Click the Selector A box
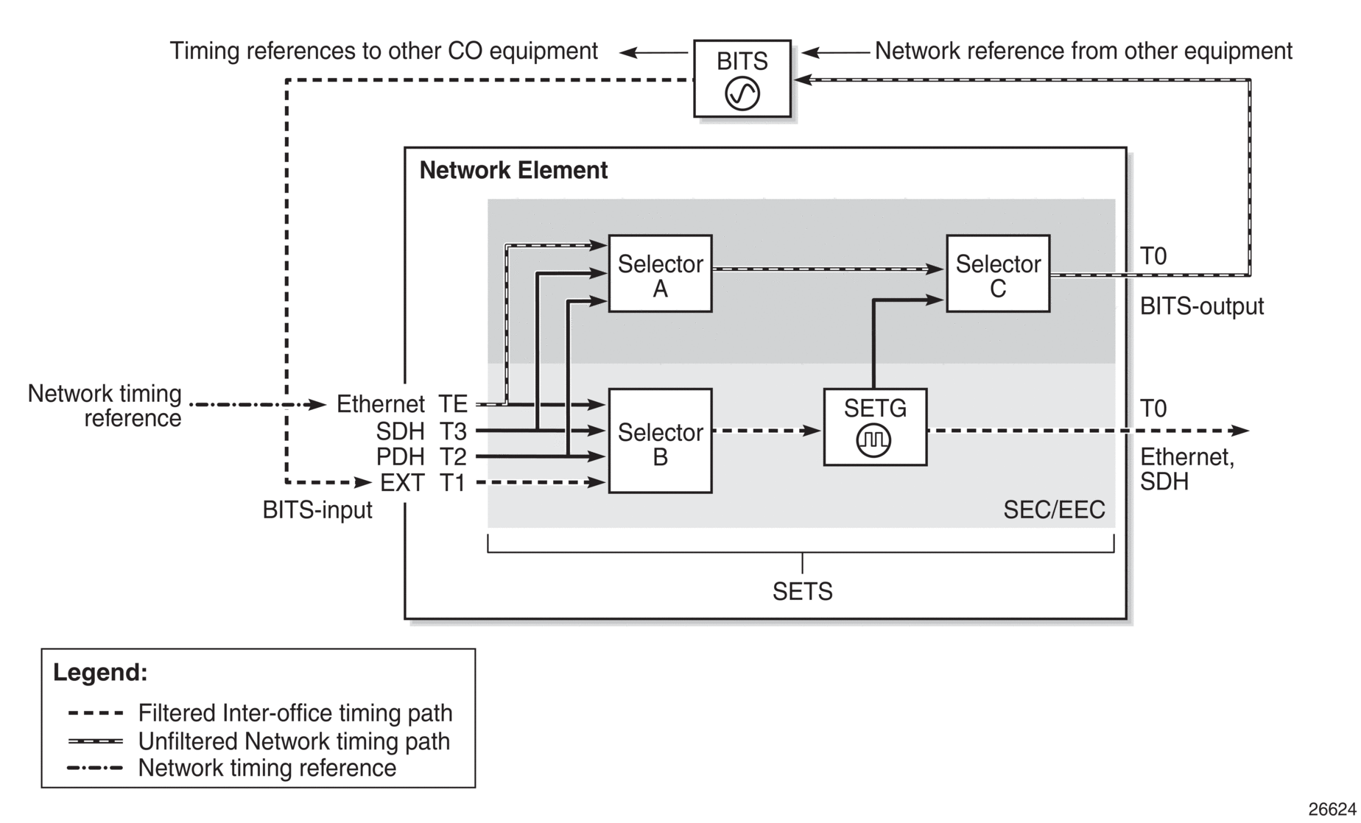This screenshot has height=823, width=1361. coord(660,274)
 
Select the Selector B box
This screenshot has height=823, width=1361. coord(660,440)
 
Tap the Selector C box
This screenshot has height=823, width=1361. coord(998,274)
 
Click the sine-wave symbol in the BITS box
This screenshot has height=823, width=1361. coord(742,94)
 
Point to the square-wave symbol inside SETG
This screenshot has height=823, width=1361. coord(874,440)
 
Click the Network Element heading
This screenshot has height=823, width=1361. coord(513,171)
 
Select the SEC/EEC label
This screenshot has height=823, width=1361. coord(1054,510)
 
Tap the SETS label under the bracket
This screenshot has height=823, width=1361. coord(802,592)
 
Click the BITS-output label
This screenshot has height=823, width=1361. coord(1202,306)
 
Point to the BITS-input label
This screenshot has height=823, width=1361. coord(317,510)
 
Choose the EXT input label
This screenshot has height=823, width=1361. coord(402,483)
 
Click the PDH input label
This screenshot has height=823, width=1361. coord(401,457)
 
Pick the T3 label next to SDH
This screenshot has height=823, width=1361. coord(453,431)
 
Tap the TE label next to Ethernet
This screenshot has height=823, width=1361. coord(453,404)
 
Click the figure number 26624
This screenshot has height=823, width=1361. coord(1332,809)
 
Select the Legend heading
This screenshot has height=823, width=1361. coord(100,672)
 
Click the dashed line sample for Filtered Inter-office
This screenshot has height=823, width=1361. coord(95,713)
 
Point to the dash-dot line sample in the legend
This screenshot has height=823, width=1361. coord(95,769)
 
